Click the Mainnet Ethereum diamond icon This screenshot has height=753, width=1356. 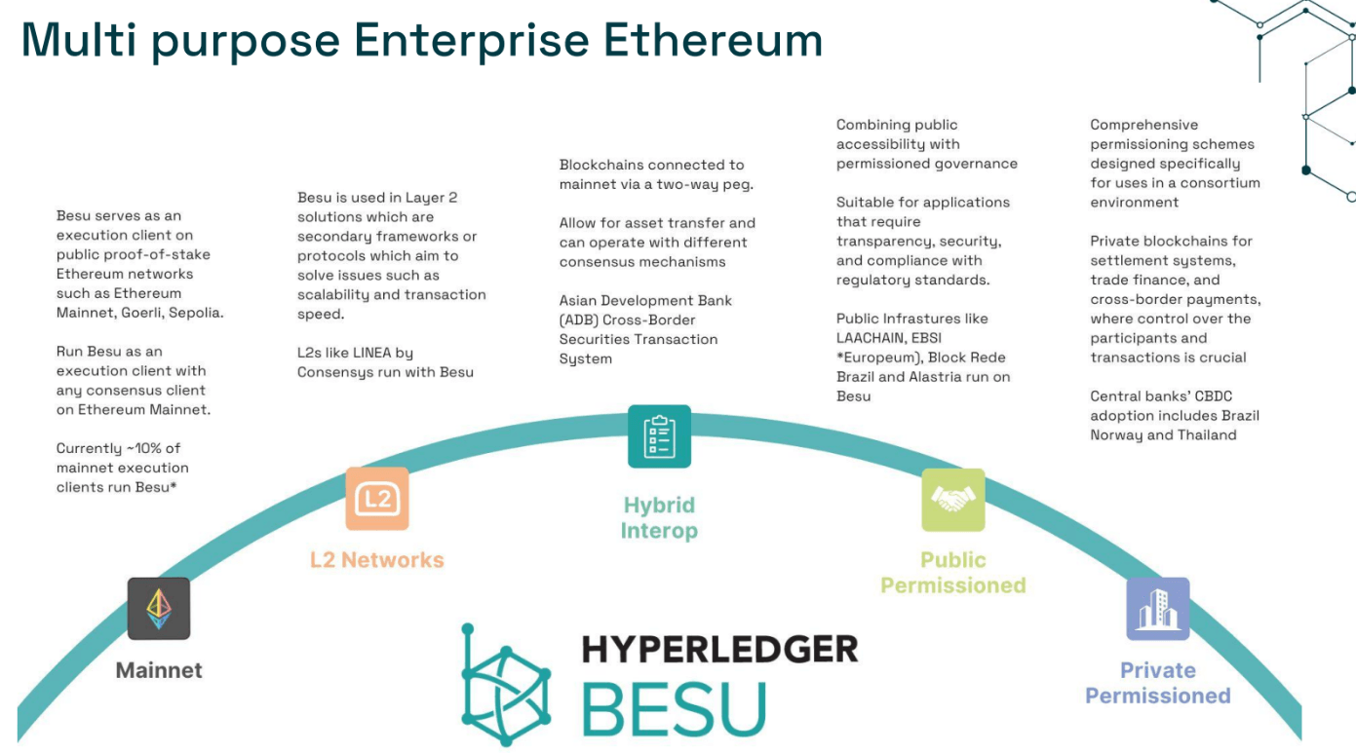point(159,608)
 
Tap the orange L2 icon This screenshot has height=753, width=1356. point(376,499)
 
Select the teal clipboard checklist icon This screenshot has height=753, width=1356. point(659,436)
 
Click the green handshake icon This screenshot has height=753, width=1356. point(952,499)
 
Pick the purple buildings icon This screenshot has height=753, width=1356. point(1157,608)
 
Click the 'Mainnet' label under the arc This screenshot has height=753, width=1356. point(159,670)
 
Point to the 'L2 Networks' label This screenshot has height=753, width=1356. point(376,560)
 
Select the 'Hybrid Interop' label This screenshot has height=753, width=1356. point(659,518)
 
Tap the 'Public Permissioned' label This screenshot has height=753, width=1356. point(952,573)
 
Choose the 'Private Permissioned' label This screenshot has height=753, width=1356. point(1157,683)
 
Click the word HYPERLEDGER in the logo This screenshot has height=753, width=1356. point(719,649)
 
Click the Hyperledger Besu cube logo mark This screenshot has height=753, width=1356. point(505,684)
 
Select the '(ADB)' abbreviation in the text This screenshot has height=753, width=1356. point(582,320)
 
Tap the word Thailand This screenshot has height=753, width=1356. point(1207,435)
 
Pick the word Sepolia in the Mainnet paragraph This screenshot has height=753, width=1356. point(195,313)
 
